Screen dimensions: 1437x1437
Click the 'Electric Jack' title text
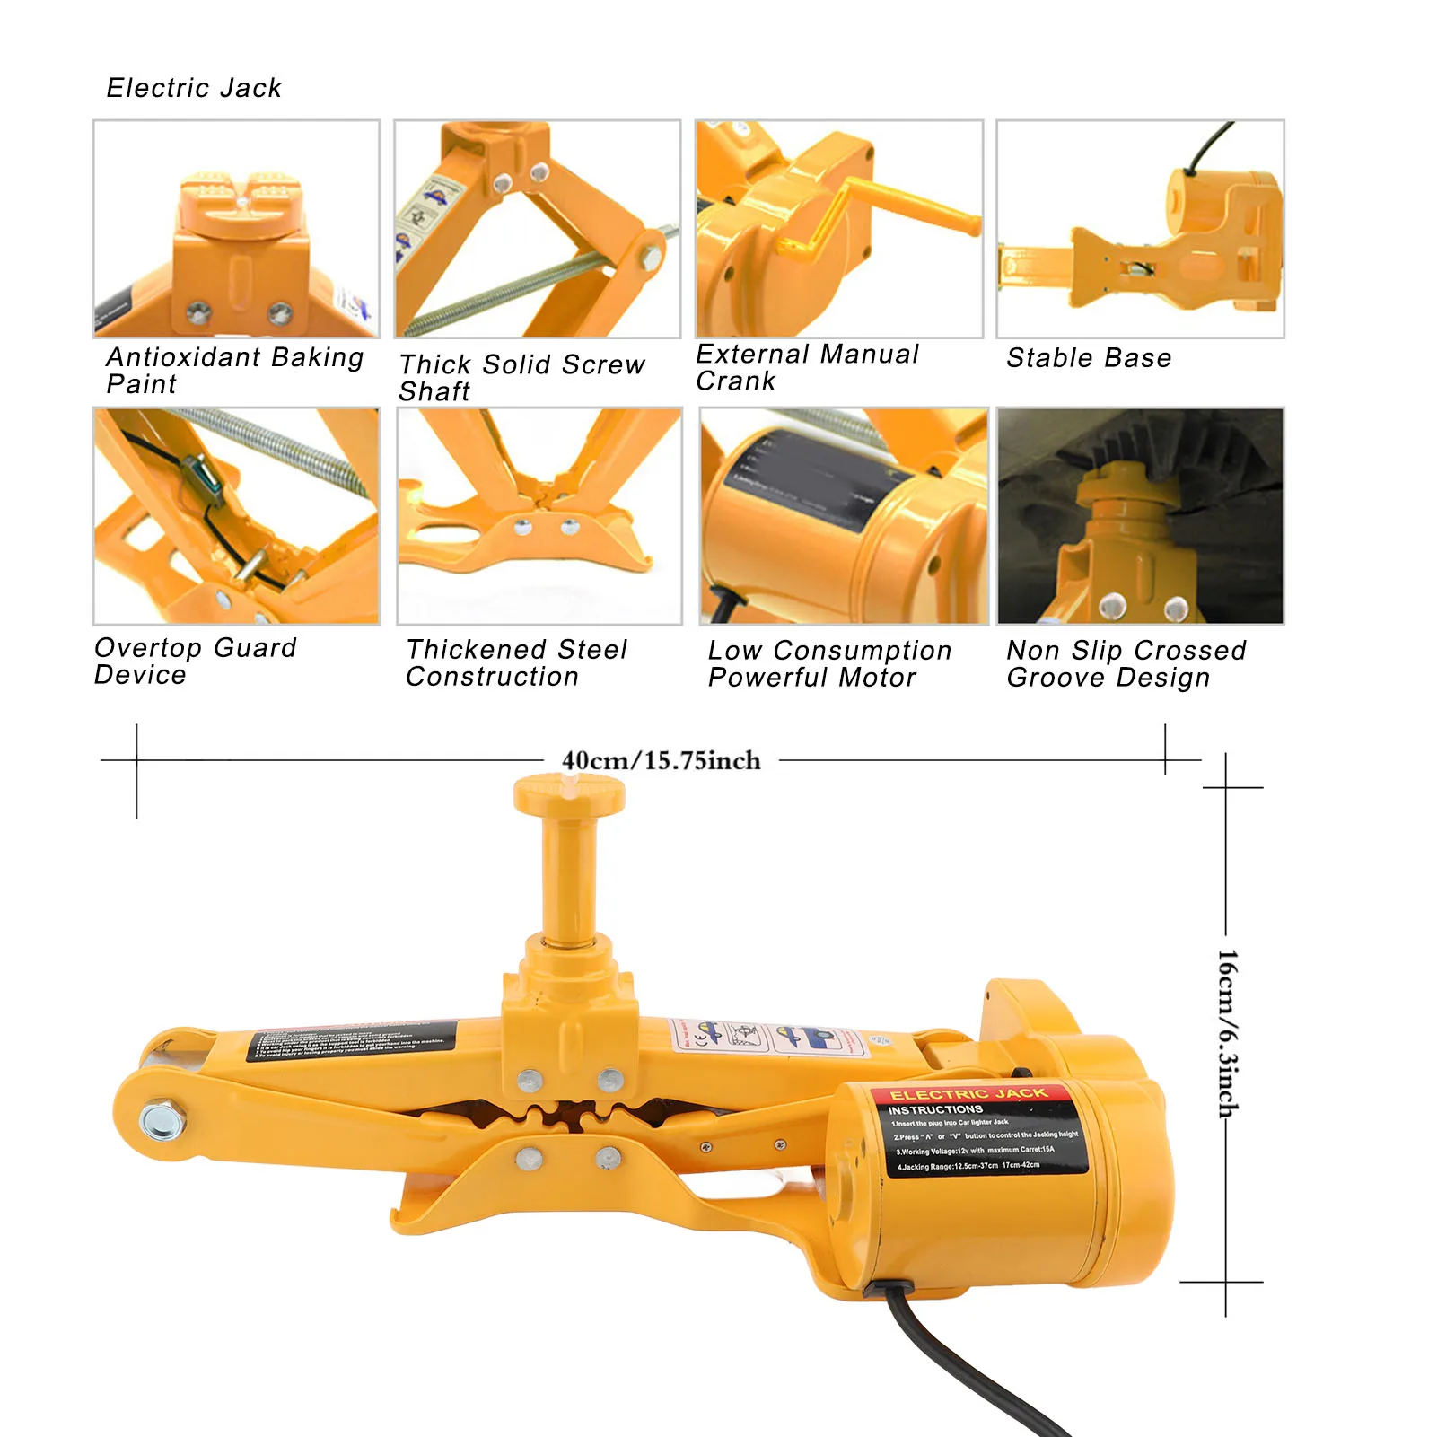[x=194, y=88]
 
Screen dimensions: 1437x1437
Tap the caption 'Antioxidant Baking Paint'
[x=233, y=370]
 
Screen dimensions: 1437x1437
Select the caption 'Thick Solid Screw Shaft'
[x=521, y=377]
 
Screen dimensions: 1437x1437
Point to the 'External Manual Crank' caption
[x=807, y=367]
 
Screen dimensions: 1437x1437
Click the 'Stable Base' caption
[x=1089, y=358]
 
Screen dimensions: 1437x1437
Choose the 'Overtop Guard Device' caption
[x=195, y=661]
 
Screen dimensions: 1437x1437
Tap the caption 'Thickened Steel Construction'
[x=516, y=662]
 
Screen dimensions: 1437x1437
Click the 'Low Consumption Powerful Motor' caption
[x=829, y=663]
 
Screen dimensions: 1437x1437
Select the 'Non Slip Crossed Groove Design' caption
[x=1126, y=663]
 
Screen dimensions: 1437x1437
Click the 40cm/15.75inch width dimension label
[x=661, y=761]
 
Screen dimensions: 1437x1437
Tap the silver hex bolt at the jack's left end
[x=162, y=1121]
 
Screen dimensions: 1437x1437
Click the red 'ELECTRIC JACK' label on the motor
[x=968, y=1094]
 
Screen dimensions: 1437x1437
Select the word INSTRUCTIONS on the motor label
[x=935, y=1110]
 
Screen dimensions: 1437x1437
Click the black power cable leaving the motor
[x=951, y=1364]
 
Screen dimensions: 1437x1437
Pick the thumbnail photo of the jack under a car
[x=1140, y=516]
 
